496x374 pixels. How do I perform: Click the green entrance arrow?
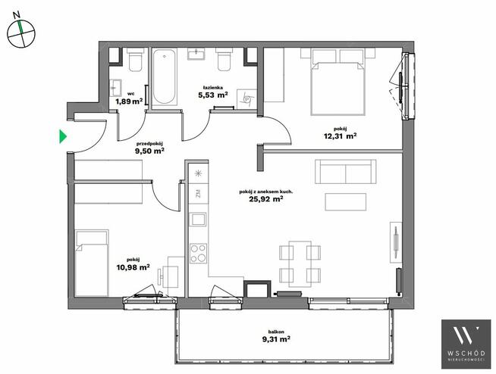63,136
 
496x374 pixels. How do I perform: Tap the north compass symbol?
21,33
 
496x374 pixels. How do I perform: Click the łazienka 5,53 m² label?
213,92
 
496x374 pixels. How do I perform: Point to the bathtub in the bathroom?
164,76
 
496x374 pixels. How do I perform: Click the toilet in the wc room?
136,60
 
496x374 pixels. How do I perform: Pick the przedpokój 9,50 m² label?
149,148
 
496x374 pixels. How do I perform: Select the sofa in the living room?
345,172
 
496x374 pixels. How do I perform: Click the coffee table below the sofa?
345,202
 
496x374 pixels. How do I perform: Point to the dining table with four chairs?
300,264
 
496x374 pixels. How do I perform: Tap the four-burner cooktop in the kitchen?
199,254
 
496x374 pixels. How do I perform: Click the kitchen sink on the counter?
197,220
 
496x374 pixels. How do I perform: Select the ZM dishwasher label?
199,193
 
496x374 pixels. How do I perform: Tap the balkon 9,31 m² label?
276,336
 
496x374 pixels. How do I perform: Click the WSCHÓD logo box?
466,344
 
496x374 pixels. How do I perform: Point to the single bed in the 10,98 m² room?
92,263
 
